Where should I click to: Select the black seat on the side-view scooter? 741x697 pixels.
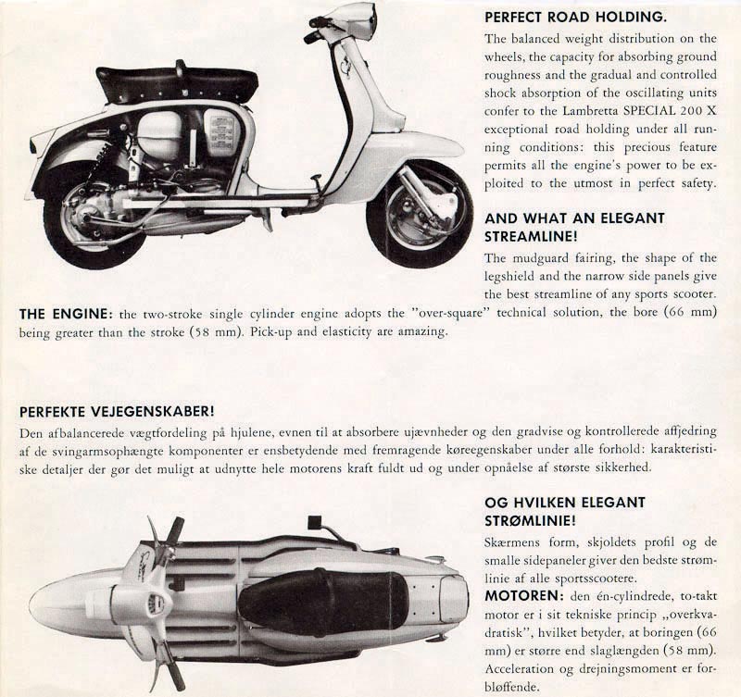coord(176,83)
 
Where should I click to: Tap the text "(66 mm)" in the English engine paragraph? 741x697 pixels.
coord(693,314)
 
